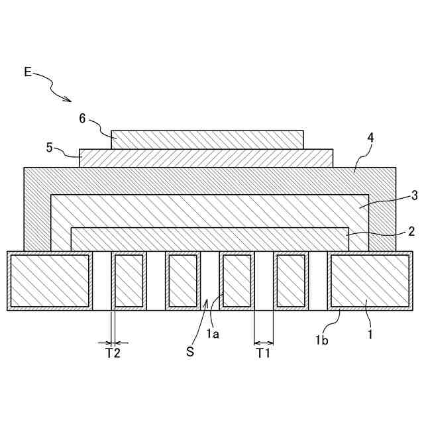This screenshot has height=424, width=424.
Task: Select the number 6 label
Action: (82, 119)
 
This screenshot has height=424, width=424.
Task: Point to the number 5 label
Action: (50, 147)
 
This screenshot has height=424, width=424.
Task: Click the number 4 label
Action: (370, 138)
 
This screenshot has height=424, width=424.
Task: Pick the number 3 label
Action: (413, 195)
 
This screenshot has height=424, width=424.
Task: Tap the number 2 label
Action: (411, 231)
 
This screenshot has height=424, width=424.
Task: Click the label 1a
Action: (212, 334)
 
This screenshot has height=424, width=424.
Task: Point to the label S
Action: (190, 352)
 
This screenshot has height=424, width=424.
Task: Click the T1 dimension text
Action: (264, 353)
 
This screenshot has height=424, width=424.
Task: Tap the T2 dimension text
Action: (113, 353)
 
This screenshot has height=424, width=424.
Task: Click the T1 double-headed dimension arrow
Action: (264, 343)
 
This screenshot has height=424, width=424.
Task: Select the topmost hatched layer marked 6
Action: (207, 139)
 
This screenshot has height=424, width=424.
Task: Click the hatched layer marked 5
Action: (205, 158)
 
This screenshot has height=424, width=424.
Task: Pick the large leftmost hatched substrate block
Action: (50, 281)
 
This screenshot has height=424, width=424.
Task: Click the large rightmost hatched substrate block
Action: (370, 281)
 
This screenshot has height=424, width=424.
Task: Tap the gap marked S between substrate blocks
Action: (209, 281)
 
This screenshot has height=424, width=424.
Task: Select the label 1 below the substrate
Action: (370, 334)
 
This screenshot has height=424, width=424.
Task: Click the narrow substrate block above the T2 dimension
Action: (129, 281)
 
